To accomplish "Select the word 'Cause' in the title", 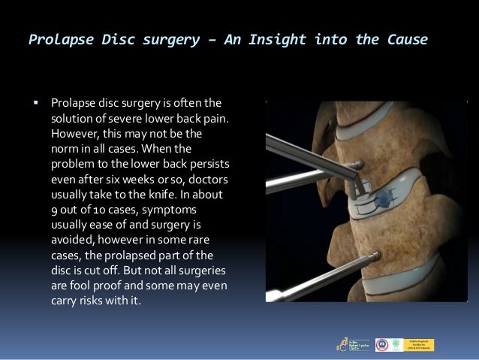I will [x=405, y=39].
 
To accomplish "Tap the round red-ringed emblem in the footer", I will [x=381, y=344].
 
